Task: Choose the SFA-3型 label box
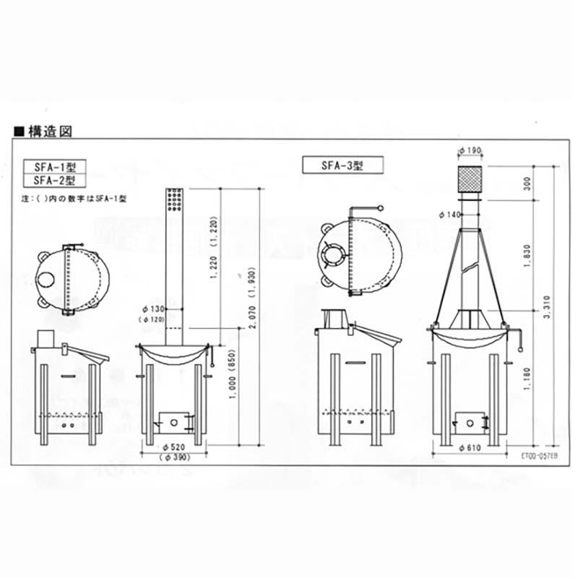[x=342, y=165]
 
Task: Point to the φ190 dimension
[x=470, y=151]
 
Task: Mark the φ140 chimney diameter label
[x=449, y=215]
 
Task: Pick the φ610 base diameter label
[x=470, y=449]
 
